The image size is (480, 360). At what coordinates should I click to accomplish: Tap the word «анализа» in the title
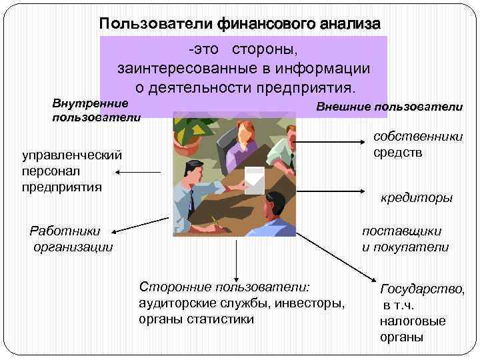[347, 25]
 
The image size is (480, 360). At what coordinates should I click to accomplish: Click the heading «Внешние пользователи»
[389, 107]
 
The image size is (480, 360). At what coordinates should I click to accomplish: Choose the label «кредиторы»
[416, 198]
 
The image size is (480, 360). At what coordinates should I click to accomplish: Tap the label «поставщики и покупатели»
[405, 239]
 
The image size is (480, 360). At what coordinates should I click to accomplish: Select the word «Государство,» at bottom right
[422, 289]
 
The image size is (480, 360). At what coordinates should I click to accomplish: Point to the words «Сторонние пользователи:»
[225, 287]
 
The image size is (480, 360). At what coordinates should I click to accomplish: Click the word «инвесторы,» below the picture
[312, 303]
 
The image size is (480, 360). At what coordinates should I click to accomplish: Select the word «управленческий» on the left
[72, 155]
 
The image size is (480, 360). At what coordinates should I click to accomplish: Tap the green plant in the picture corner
[190, 131]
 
